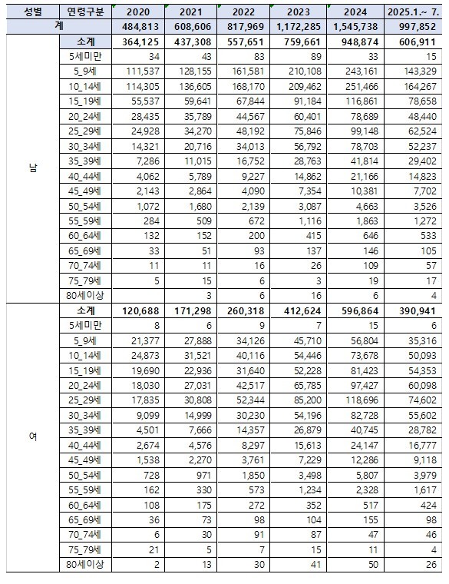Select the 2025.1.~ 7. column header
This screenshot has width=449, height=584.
(414, 13)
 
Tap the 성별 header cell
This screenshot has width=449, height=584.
(32, 13)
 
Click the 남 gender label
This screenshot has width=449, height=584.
(32, 170)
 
